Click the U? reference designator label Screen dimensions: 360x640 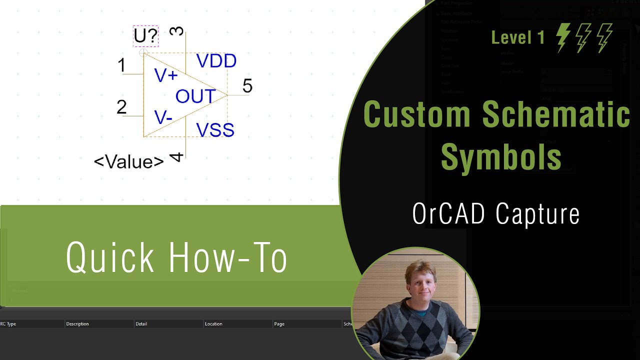pos(145,36)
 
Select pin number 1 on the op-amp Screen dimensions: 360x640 pos(121,65)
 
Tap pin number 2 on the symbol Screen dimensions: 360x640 pos(121,107)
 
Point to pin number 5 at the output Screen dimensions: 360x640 pos(247,86)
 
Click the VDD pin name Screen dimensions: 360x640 pos(216,61)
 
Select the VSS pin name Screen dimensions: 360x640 pos(215,130)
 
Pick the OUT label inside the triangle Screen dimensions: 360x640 pos(195,96)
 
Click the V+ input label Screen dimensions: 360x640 pos(165,75)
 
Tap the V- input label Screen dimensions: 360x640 pos(163,117)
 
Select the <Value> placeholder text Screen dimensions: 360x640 pos(129,161)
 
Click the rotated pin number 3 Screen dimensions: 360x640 pos(176,31)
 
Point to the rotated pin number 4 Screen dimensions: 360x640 pos(176,157)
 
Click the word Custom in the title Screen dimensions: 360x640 pos(416,114)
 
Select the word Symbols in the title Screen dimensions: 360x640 pos(501,156)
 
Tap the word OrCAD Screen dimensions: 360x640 pos(448,214)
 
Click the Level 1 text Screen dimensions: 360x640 pos(518,37)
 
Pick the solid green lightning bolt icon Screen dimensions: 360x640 pos(563,37)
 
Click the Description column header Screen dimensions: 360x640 pos(77,324)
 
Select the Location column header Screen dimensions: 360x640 pos(213,324)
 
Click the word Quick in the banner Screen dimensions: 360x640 pos(110,257)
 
